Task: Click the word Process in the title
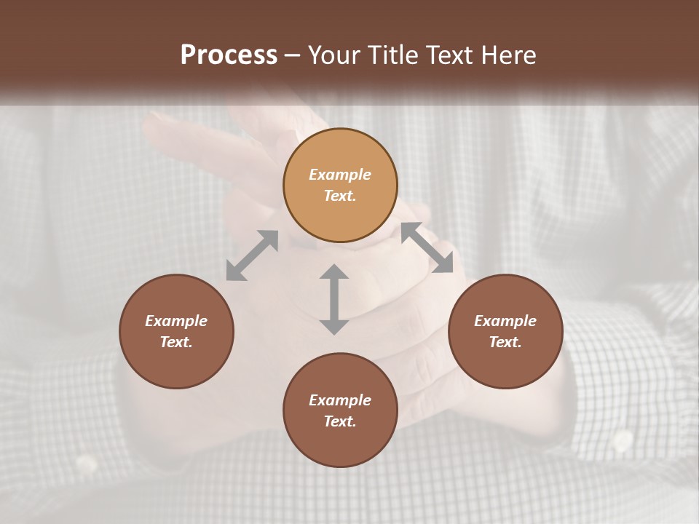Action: pyautogui.click(x=229, y=55)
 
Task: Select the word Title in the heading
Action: pyautogui.click(x=392, y=55)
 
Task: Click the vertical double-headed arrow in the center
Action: pyautogui.click(x=334, y=299)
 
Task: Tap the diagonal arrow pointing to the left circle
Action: pyautogui.click(x=252, y=255)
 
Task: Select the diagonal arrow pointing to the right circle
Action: pyautogui.click(x=427, y=248)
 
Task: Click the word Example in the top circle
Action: pyautogui.click(x=340, y=175)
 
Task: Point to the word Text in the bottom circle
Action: pyautogui.click(x=340, y=421)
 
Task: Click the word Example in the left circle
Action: pyautogui.click(x=176, y=321)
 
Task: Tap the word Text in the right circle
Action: pyautogui.click(x=505, y=342)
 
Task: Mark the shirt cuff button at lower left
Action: pyautogui.click(x=87, y=463)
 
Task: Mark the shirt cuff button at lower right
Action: pyautogui.click(x=622, y=440)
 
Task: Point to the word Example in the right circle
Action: pyautogui.click(x=505, y=321)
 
